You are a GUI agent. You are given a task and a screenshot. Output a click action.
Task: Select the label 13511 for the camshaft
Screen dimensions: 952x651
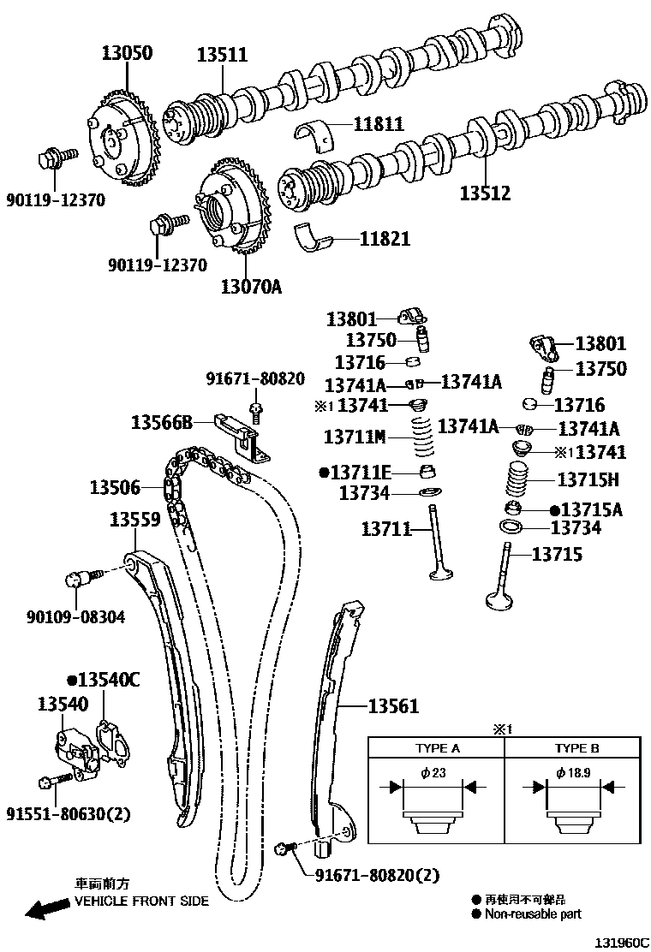pyautogui.click(x=222, y=56)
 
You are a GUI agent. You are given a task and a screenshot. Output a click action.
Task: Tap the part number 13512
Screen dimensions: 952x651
pyautogui.click(x=484, y=193)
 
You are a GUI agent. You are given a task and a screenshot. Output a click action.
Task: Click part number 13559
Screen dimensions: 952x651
pyautogui.click(x=135, y=519)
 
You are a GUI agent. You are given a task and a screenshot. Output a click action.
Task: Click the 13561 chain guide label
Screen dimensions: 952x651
pyautogui.click(x=393, y=706)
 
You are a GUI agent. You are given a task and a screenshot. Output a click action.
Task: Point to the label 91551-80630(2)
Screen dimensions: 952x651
pyautogui.click(x=69, y=813)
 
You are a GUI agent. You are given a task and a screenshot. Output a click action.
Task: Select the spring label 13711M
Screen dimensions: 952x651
pyautogui.click(x=355, y=437)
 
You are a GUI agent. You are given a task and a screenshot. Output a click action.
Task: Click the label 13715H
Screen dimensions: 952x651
pyautogui.click(x=588, y=480)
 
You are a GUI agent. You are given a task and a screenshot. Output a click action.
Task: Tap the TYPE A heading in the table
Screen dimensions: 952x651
pyautogui.click(x=437, y=747)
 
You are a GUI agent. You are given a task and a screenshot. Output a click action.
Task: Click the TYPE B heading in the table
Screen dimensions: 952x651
pyautogui.click(x=576, y=747)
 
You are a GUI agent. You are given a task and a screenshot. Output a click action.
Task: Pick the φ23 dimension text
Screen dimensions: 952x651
pyautogui.click(x=433, y=773)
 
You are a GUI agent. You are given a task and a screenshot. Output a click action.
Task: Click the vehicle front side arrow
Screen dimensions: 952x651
pyautogui.click(x=46, y=908)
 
